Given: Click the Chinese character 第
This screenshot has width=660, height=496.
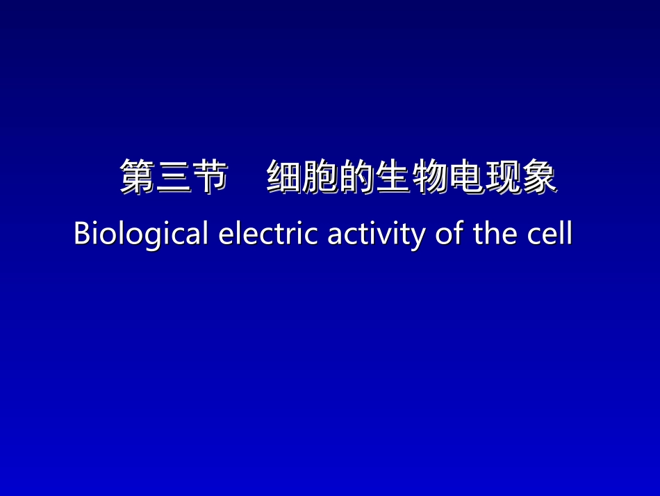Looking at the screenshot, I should [138, 177].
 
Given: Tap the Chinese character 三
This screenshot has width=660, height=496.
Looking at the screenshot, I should [174, 177].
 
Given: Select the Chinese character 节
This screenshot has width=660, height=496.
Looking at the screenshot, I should [211, 177].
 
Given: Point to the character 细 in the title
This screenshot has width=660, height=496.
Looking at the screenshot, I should [285, 177].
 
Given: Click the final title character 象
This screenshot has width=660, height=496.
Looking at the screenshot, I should [538, 177].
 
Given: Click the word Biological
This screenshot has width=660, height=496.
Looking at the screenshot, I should [141, 234].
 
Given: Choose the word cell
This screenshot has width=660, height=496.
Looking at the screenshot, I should [551, 234].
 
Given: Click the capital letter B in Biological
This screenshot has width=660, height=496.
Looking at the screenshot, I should [81, 234].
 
